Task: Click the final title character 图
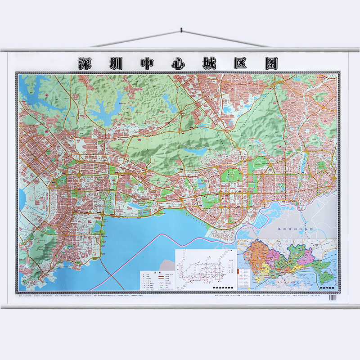(272, 63)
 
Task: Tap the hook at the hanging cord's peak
(180, 30)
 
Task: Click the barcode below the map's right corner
(333, 297)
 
